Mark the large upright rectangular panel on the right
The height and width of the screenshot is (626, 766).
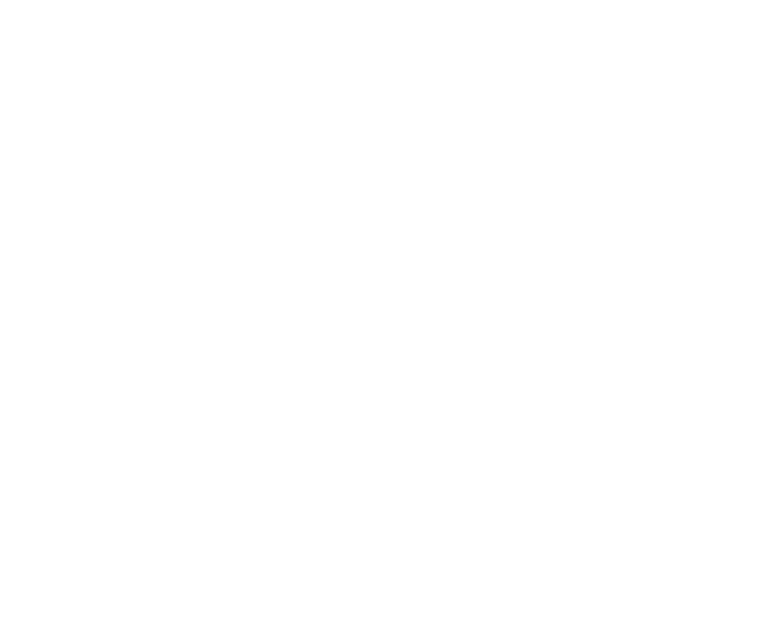tap(672, 291)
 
